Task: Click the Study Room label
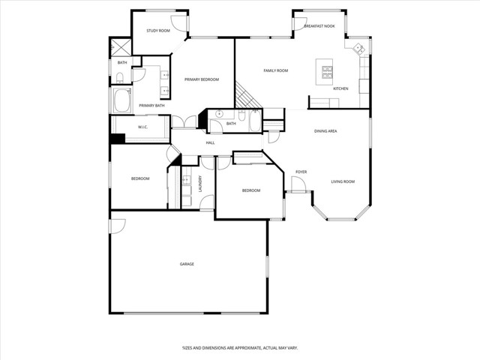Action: (157, 31)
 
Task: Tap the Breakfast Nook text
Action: (319, 26)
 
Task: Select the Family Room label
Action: (275, 70)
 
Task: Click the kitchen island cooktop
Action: (328, 71)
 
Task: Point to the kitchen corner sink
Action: (358, 49)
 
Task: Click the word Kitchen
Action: (340, 88)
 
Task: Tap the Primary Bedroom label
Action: (202, 79)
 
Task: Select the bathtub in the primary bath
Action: (121, 100)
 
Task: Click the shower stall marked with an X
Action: (120, 47)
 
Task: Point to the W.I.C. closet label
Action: (142, 127)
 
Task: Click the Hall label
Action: (210, 142)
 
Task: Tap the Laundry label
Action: (200, 184)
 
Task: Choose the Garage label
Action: (187, 264)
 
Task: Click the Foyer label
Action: (301, 172)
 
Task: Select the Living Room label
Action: (343, 181)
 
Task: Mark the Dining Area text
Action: (325, 131)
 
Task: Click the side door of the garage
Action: (118, 225)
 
